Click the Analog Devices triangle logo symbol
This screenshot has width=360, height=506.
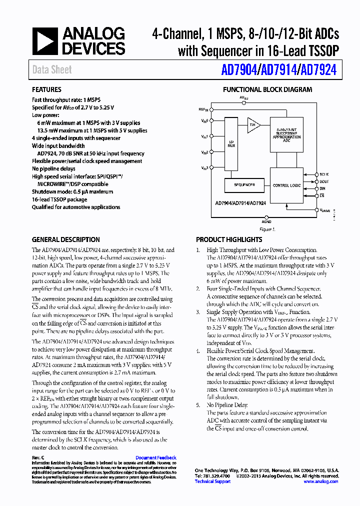(45, 41)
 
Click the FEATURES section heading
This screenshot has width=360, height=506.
(47, 90)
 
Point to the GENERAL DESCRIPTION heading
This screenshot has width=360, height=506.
(66, 239)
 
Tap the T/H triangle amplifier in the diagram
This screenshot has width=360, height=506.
(252, 124)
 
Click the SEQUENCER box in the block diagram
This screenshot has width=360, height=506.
(244, 185)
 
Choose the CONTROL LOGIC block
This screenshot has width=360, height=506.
(286, 185)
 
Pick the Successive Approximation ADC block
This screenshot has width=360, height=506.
(286, 135)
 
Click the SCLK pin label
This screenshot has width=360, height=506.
(324, 174)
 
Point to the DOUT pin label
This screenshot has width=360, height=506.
(324, 181)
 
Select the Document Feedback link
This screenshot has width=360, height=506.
(156, 458)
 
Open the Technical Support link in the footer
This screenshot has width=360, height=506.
(212, 481)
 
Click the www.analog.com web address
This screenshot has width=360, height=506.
(321, 481)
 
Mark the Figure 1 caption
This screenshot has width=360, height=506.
(267, 229)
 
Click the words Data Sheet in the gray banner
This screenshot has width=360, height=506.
(52, 70)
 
